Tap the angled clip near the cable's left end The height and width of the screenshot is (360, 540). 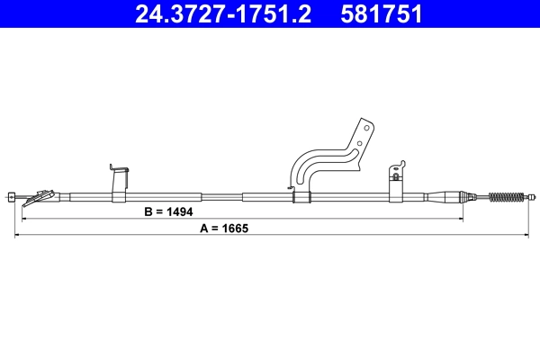pyautogui.click(x=40, y=194)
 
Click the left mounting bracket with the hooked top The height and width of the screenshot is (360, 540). pyautogui.click(x=119, y=181)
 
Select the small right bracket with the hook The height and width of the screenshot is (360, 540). pyautogui.click(x=397, y=179)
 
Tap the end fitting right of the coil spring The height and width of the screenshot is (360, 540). pyautogui.click(x=530, y=195)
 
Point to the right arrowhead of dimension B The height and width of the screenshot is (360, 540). pyautogui.click(x=463, y=219)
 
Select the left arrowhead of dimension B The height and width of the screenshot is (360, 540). pyautogui.click(x=23, y=219)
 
